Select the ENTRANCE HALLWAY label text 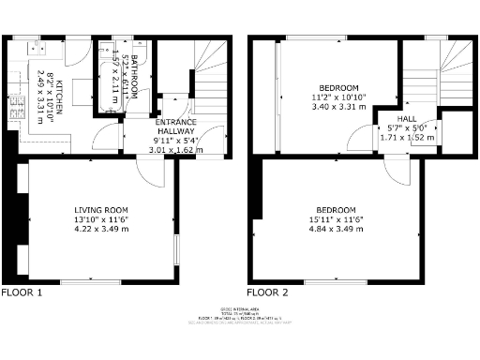point(175,129)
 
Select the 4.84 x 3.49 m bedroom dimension point(335,231)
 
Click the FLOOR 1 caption point(22,292)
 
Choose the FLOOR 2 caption point(268,292)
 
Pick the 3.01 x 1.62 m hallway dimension point(175,148)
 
